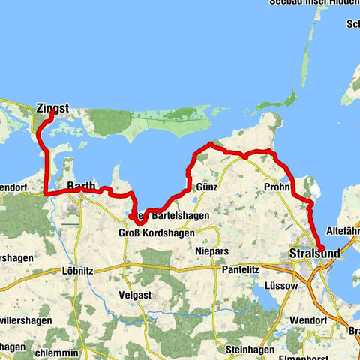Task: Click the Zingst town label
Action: (52, 109)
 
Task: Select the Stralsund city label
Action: (313, 255)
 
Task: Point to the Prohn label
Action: (277, 187)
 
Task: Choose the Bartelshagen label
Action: (180, 215)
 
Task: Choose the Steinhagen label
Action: (247, 349)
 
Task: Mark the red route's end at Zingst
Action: (51, 114)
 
